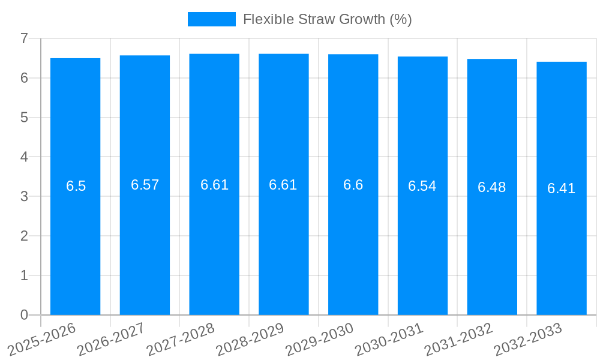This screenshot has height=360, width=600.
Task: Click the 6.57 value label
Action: pos(145,185)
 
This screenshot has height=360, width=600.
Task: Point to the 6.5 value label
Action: pos(76,186)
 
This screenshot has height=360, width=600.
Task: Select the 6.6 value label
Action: pos(353,185)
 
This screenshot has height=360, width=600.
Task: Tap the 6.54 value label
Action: pos(422,186)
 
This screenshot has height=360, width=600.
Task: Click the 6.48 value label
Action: pos(492,187)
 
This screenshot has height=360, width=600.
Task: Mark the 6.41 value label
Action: pos(562,188)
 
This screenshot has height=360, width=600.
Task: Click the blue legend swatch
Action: pos(212,19)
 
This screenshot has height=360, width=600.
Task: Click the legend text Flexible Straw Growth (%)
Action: pos(327,19)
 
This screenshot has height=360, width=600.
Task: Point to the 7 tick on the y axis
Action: pos(24,38)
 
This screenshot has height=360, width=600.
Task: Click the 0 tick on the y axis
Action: pos(24,315)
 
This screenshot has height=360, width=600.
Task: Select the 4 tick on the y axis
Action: pos(24,157)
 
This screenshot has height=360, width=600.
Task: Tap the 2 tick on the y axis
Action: pos(24,236)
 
